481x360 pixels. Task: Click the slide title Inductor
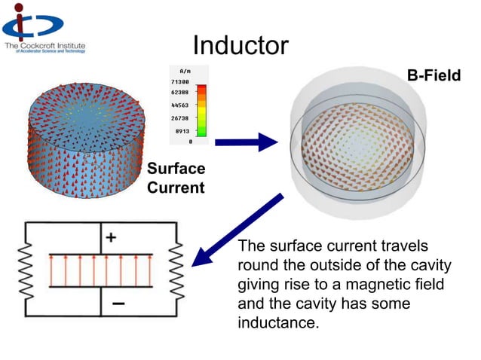click(x=240, y=46)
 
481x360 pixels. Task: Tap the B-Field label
click(x=434, y=75)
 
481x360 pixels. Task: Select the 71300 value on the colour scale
click(x=180, y=81)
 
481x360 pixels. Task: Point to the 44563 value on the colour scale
click(x=180, y=105)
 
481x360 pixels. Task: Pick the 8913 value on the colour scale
click(x=183, y=130)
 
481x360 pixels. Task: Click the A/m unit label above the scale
click(x=184, y=69)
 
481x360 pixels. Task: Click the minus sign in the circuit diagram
click(x=119, y=304)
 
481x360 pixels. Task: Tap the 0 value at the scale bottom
click(x=190, y=142)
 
